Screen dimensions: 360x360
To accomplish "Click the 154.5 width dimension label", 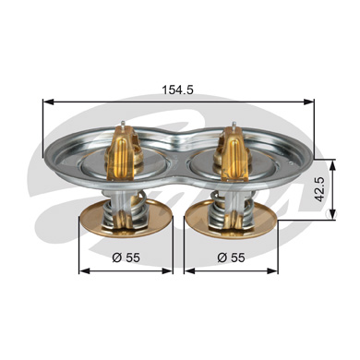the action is tap(177, 90).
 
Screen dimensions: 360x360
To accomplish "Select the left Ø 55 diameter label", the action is tap(126, 258).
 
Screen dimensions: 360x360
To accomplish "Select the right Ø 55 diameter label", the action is tap(231, 258).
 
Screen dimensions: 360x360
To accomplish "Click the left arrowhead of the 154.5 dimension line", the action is tap(48, 102).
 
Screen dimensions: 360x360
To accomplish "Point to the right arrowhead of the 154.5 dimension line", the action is tap(308, 102).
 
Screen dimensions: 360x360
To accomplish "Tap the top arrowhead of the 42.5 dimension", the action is tap(332, 165).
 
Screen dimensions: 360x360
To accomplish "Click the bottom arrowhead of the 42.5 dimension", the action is tap(332, 214).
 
